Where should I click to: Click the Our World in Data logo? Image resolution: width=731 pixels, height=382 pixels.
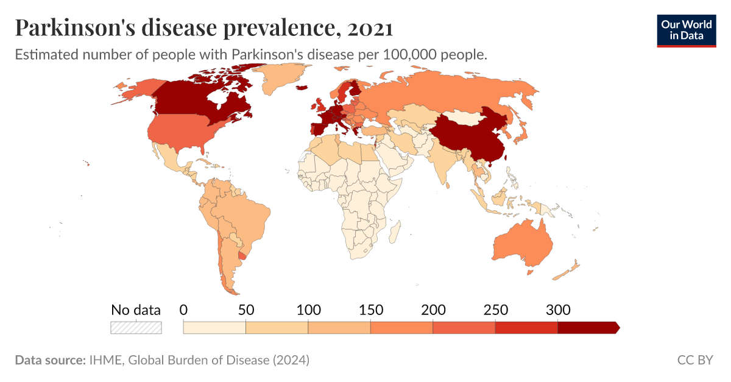(686, 30)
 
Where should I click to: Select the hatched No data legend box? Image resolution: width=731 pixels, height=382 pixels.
(136, 327)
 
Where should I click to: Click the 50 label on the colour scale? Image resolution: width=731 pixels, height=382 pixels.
(245, 310)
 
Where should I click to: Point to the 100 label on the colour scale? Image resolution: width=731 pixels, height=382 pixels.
(308, 310)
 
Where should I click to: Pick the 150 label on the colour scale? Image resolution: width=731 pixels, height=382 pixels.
(370, 310)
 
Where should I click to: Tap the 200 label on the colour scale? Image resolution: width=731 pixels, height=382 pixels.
(433, 310)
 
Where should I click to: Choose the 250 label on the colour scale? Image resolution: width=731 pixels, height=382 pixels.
(495, 310)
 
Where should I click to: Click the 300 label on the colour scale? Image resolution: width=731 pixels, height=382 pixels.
(558, 310)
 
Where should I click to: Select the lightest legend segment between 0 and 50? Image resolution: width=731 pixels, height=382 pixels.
(214, 328)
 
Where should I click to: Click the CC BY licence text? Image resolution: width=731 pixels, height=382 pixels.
(694, 360)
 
